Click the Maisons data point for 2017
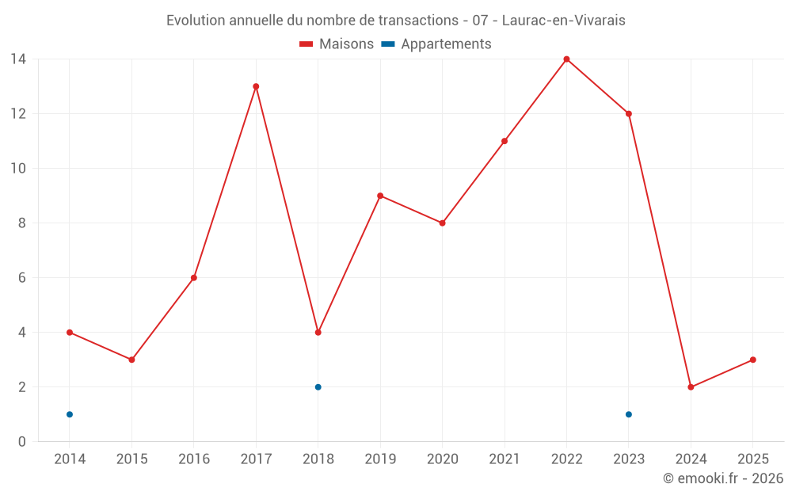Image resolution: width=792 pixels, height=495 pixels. [256, 86]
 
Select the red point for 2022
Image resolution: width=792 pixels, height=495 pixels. [566, 59]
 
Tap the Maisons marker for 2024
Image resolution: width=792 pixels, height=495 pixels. [691, 387]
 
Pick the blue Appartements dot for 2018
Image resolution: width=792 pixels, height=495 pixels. [318, 387]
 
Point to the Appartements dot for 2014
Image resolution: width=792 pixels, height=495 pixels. [70, 414]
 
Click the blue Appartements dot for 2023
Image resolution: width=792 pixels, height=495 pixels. [629, 414]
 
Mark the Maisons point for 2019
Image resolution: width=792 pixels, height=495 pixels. [380, 196]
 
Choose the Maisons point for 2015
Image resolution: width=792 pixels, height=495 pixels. [131, 360]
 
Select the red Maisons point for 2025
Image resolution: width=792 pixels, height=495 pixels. [753, 360]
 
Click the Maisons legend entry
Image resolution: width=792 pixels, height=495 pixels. [337, 44]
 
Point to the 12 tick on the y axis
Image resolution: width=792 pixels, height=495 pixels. [17, 113]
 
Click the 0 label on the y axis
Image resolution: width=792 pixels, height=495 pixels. [21, 442]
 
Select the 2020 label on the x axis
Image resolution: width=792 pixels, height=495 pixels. [442, 459]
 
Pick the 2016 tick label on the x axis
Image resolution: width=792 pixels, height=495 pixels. [194, 459]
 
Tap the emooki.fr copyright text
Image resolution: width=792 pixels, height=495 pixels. [723, 478]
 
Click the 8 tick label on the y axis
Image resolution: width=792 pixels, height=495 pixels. [21, 223]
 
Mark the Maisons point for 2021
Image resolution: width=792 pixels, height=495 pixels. [505, 141]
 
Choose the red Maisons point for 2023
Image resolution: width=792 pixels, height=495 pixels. [629, 113]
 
